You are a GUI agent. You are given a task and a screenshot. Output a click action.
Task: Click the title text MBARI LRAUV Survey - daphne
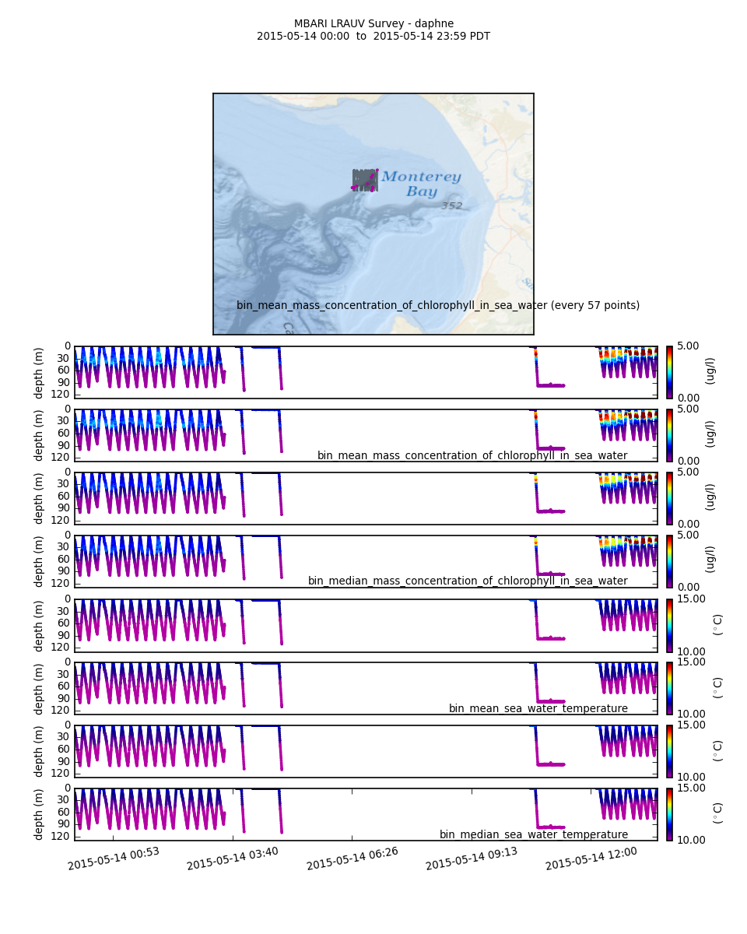(373, 24)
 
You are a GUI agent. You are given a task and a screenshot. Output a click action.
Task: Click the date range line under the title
(373, 37)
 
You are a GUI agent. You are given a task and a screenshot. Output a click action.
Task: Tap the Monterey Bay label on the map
(421, 184)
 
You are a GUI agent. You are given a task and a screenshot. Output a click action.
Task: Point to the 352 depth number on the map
(452, 206)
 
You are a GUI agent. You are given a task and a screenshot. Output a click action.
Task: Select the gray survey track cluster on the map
(364, 180)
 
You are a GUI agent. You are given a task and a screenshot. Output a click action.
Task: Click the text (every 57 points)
(595, 306)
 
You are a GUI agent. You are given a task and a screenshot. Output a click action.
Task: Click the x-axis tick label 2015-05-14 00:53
(114, 859)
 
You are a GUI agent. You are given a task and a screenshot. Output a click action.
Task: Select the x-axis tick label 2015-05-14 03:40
(233, 859)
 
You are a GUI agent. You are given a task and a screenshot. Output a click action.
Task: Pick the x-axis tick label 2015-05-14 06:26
(352, 859)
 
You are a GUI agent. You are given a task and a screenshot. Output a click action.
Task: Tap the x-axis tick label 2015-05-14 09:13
(472, 859)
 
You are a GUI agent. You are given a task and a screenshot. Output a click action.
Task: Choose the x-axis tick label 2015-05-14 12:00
(591, 859)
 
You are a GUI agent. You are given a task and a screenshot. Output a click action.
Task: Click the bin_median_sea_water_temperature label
(534, 835)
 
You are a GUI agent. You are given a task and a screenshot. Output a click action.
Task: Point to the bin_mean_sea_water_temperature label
(538, 709)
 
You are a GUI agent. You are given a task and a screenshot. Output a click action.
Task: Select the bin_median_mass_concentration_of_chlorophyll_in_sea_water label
(468, 581)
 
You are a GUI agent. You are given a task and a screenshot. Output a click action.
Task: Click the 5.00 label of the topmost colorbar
(689, 346)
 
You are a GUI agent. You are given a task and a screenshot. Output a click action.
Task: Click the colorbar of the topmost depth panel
(669, 372)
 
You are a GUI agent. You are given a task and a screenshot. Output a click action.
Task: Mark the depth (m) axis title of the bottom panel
(39, 814)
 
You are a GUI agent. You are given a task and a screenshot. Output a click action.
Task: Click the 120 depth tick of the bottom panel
(61, 836)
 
